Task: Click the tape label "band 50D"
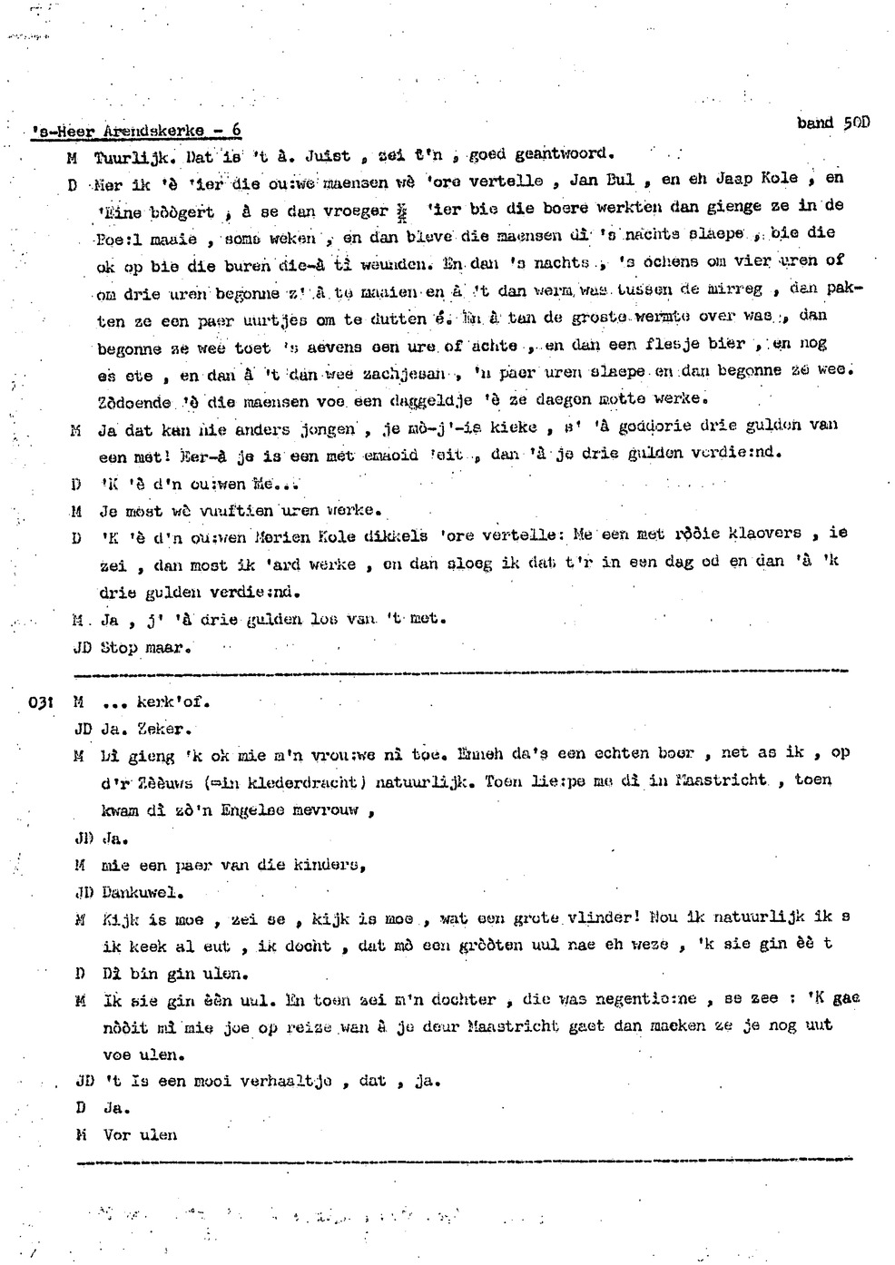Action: [x=832, y=123]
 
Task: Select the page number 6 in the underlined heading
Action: [x=236, y=131]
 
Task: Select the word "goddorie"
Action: [x=654, y=426]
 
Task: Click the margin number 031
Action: [x=42, y=702]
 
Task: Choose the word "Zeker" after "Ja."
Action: [x=164, y=729]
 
